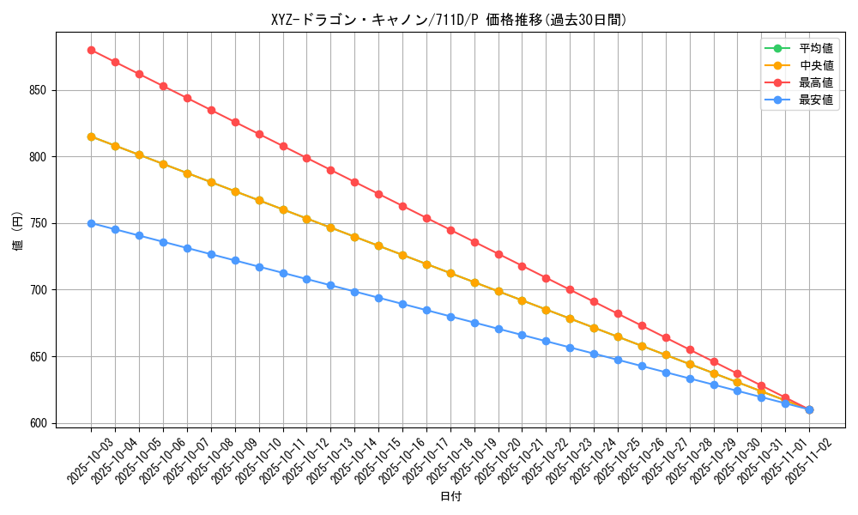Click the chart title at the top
click(449, 20)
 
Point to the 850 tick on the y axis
click(41, 90)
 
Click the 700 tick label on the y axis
click(41, 290)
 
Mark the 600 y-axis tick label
click(41, 423)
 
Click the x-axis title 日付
click(450, 497)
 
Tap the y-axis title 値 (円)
click(17, 232)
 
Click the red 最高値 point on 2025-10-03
click(91, 50)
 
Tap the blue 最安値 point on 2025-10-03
click(91, 223)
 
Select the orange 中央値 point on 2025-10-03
click(91, 136)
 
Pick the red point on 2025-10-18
click(450, 230)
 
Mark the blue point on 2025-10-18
click(450, 317)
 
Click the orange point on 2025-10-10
click(259, 200)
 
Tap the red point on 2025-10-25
click(618, 313)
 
